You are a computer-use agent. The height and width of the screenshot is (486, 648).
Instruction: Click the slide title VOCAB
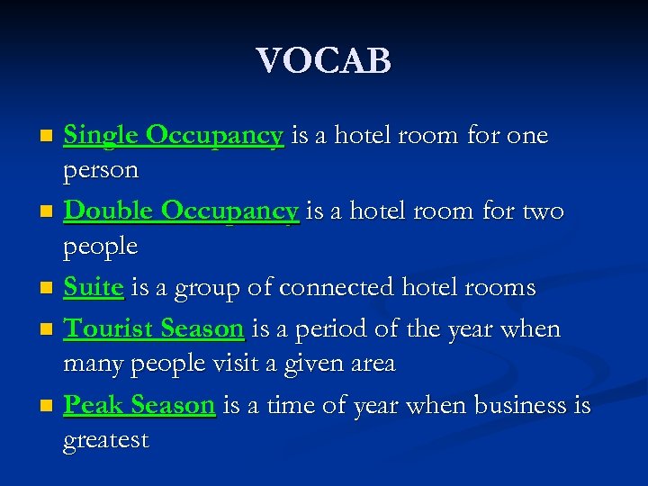pos(323,61)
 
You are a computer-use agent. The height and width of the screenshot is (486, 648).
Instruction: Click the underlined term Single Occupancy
pos(174,136)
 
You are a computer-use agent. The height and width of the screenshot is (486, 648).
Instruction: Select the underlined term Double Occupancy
pos(181,211)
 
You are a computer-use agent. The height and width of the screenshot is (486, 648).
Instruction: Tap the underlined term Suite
pos(94,288)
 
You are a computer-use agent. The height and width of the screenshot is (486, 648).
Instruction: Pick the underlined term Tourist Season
pos(154,329)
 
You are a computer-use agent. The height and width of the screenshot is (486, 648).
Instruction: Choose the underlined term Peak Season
pos(139,406)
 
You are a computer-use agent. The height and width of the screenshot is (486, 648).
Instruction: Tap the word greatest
pos(105,441)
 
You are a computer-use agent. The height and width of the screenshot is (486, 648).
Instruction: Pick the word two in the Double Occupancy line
pos(544,211)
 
